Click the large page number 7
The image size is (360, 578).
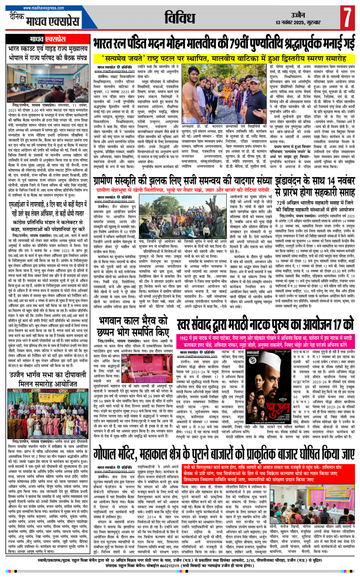pos(347,18)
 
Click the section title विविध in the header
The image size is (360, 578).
pos(180,18)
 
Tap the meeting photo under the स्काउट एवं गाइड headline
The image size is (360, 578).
pos(48,80)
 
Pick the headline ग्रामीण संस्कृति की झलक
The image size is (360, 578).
pos(183,181)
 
